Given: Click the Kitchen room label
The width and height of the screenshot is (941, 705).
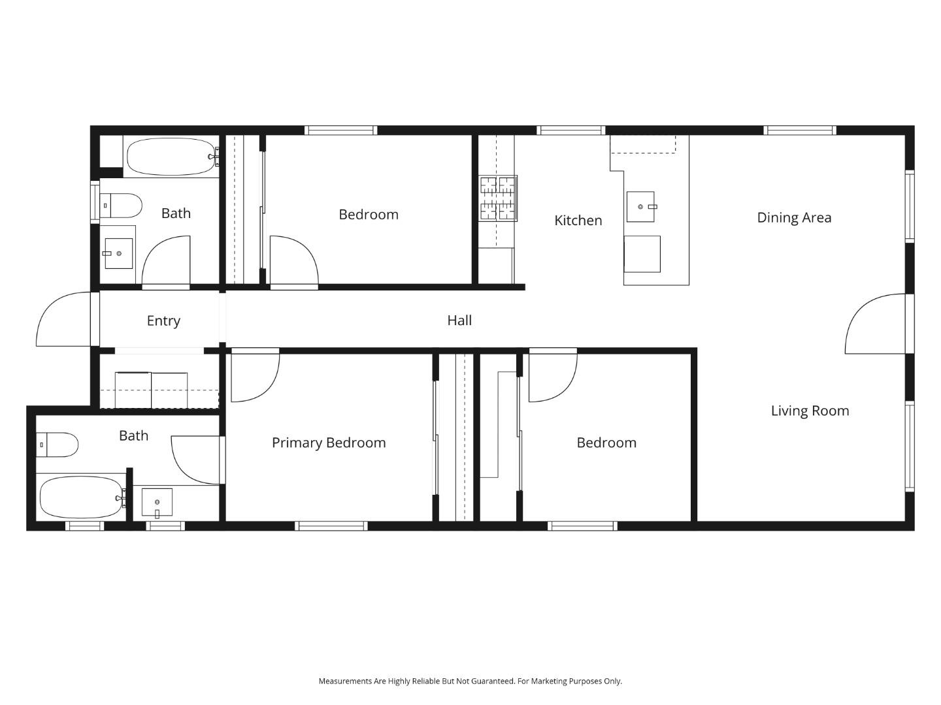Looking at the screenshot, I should click(578, 221).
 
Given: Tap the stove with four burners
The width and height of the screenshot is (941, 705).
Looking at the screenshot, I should click(498, 198).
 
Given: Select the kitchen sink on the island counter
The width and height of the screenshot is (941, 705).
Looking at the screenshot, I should click(640, 207).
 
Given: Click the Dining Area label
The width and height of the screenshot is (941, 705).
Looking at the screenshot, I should click(793, 218).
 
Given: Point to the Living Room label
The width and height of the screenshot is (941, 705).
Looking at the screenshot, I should click(810, 411).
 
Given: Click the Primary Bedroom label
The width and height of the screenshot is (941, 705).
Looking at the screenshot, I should click(329, 443).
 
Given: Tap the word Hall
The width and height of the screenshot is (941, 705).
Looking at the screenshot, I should click(459, 321).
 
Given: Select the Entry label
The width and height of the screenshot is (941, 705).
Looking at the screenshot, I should click(163, 321).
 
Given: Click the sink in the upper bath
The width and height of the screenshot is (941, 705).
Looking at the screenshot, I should click(118, 253).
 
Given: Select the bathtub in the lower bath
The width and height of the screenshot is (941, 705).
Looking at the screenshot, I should click(81, 497).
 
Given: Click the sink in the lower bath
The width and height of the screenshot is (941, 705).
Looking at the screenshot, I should click(157, 502).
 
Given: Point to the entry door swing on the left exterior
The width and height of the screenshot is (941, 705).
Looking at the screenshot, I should click(64, 320).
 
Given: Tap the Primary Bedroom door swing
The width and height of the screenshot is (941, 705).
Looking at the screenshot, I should click(255, 377).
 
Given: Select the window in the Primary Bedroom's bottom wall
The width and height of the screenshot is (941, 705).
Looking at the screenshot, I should click(331, 525).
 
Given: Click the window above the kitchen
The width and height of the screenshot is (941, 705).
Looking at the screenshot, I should click(570, 131).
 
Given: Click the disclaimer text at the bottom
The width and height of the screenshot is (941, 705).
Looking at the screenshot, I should click(470, 681).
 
